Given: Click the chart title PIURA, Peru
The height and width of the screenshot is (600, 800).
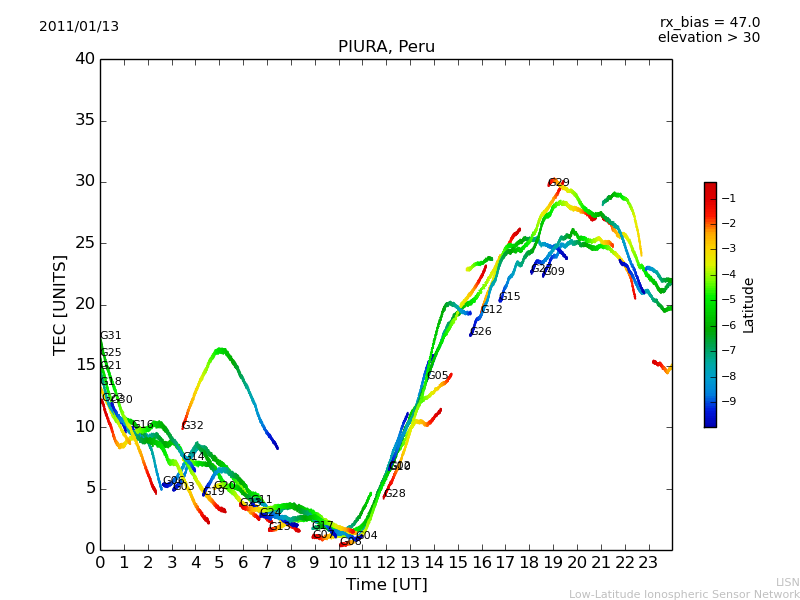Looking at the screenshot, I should (x=386, y=47).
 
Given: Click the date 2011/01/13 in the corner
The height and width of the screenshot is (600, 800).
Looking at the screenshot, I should (x=79, y=27).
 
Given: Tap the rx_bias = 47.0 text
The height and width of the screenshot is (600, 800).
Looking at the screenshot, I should (x=709, y=23).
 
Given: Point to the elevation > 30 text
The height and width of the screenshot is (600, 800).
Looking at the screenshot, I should (x=708, y=38).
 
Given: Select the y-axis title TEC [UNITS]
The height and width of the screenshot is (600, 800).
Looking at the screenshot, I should (x=61, y=304).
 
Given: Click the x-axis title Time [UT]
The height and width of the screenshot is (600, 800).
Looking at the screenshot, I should (x=386, y=585).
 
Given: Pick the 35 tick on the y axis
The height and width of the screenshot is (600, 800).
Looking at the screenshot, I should (x=85, y=120).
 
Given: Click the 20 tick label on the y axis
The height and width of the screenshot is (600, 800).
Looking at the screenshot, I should (x=85, y=304).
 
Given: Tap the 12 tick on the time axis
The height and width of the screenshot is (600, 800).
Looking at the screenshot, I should (x=386, y=562).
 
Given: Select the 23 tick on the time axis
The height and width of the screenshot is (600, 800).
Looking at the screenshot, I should (x=648, y=562).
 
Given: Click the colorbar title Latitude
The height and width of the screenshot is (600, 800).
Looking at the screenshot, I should (x=749, y=304).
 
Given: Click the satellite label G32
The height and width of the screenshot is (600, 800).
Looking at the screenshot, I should (x=193, y=426).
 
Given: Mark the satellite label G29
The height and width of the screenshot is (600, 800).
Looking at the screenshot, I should (x=559, y=183).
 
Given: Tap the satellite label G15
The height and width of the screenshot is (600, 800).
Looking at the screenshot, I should (x=510, y=297).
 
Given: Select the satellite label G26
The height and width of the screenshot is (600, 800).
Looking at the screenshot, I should (x=481, y=332).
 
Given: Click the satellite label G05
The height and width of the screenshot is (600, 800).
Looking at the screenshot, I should (x=438, y=376).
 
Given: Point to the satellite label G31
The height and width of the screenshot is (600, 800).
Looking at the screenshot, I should (x=111, y=336).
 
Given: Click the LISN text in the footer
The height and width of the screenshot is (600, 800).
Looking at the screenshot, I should (x=788, y=582).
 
